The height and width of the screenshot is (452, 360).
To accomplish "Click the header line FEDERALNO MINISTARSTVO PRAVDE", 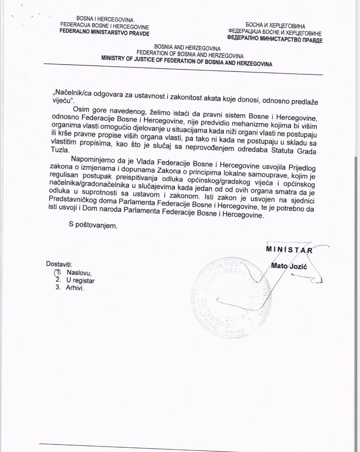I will point(104,32).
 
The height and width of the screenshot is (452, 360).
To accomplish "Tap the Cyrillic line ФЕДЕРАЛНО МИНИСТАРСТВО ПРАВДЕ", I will point(274,39).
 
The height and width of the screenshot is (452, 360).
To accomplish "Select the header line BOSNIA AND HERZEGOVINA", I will point(187,48).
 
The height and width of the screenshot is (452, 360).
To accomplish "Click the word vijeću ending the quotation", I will point(62,101).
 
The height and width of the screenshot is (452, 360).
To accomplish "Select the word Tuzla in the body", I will point(60,150).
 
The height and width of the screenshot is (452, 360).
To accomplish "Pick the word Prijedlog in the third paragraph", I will point(302,168).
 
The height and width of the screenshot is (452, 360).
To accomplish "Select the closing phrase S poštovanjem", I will point(93,225).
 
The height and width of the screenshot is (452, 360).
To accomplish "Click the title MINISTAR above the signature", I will point(289,249).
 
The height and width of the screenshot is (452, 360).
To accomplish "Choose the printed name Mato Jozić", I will point(289,266).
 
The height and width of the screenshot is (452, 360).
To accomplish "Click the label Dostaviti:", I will point(59,264).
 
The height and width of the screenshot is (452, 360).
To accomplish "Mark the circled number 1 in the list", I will point(58,272).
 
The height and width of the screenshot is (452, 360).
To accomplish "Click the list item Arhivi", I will point(75,288).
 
